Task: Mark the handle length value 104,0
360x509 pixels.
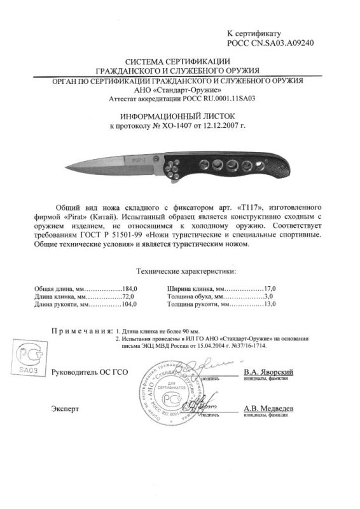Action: point(130,306)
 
